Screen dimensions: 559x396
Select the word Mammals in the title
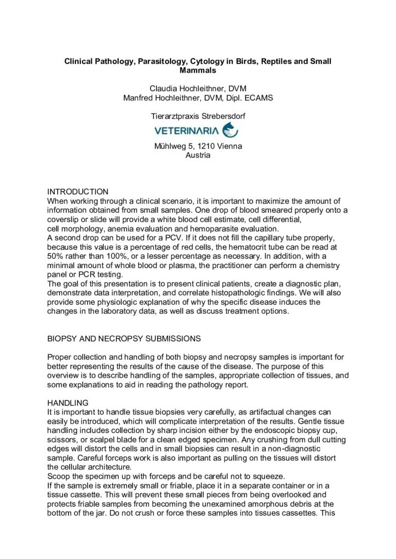click(x=198, y=70)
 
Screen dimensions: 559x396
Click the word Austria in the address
click(x=198, y=155)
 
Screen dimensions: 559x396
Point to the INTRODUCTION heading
click(x=78, y=192)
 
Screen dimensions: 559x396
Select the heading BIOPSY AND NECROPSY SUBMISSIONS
click(x=124, y=338)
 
